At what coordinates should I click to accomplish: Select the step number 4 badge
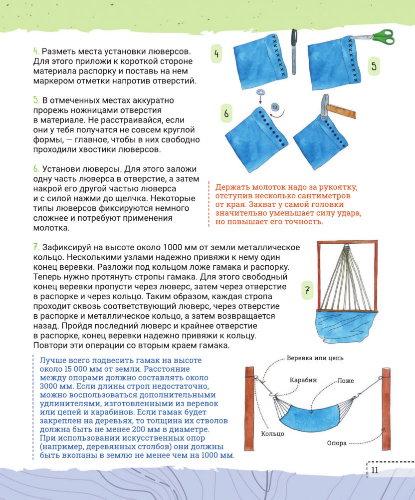click(x=216, y=53)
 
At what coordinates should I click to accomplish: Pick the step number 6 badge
click(x=226, y=113)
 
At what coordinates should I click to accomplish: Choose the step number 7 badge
click(x=308, y=290)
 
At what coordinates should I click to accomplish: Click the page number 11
click(x=374, y=470)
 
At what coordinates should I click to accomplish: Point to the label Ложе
click(x=345, y=381)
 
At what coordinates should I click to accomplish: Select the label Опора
click(x=337, y=443)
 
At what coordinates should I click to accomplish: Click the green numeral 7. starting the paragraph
click(x=36, y=247)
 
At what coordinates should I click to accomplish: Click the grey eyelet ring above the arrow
click(x=260, y=93)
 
